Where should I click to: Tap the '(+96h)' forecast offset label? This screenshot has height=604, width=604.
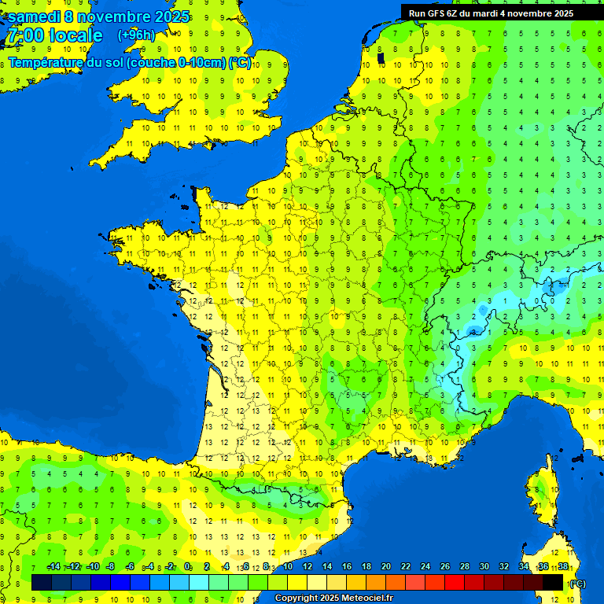[x=137, y=35]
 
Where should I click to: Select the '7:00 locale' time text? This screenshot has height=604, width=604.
[x=54, y=36]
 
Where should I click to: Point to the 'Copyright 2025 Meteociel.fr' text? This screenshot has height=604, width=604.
[x=333, y=598]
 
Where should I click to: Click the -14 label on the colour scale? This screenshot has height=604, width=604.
[x=54, y=566]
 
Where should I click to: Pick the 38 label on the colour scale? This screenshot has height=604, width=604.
[x=563, y=566]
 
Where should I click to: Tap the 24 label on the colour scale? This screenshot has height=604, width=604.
[x=425, y=566]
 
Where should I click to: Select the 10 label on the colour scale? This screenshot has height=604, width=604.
[x=288, y=566]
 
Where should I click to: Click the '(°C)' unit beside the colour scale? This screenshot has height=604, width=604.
[x=577, y=583]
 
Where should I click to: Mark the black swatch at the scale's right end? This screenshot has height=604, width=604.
[x=553, y=582]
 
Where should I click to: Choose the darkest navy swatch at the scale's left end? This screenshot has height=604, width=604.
[x=42, y=582]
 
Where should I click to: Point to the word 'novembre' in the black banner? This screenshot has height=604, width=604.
[x=529, y=13]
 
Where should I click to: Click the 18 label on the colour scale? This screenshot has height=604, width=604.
[x=366, y=566]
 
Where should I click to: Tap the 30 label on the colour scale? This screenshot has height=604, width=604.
[x=484, y=566]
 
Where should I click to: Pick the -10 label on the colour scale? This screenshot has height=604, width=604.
[x=92, y=566]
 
